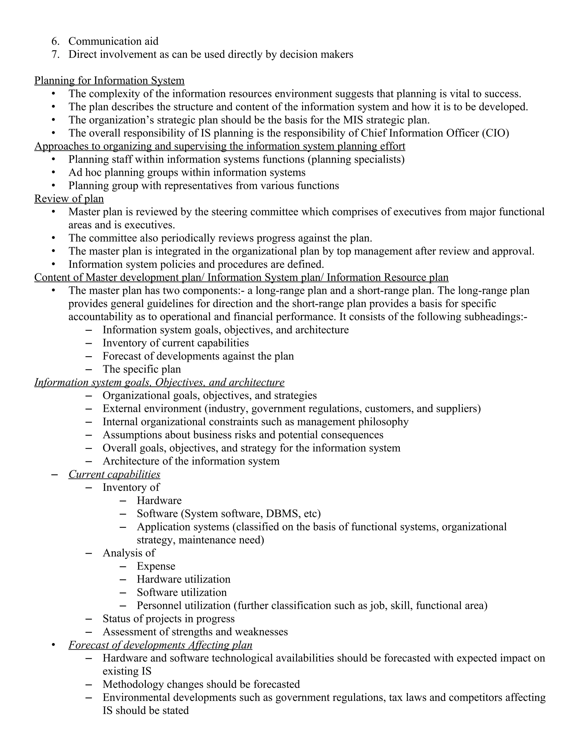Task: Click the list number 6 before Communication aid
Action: [x=55, y=41]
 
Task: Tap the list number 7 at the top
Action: [x=55, y=54]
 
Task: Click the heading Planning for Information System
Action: [x=109, y=80]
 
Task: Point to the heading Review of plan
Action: [x=69, y=199]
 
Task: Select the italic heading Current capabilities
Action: [x=114, y=474]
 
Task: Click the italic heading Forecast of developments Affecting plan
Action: [x=160, y=645]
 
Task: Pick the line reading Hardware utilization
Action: [x=184, y=579]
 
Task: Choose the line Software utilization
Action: [x=182, y=592]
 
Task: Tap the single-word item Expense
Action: [x=156, y=566]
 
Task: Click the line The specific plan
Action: [x=142, y=369]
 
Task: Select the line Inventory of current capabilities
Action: [x=176, y=343]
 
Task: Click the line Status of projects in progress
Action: [x=168, y=619]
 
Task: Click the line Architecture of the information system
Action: [x=191, y=461]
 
